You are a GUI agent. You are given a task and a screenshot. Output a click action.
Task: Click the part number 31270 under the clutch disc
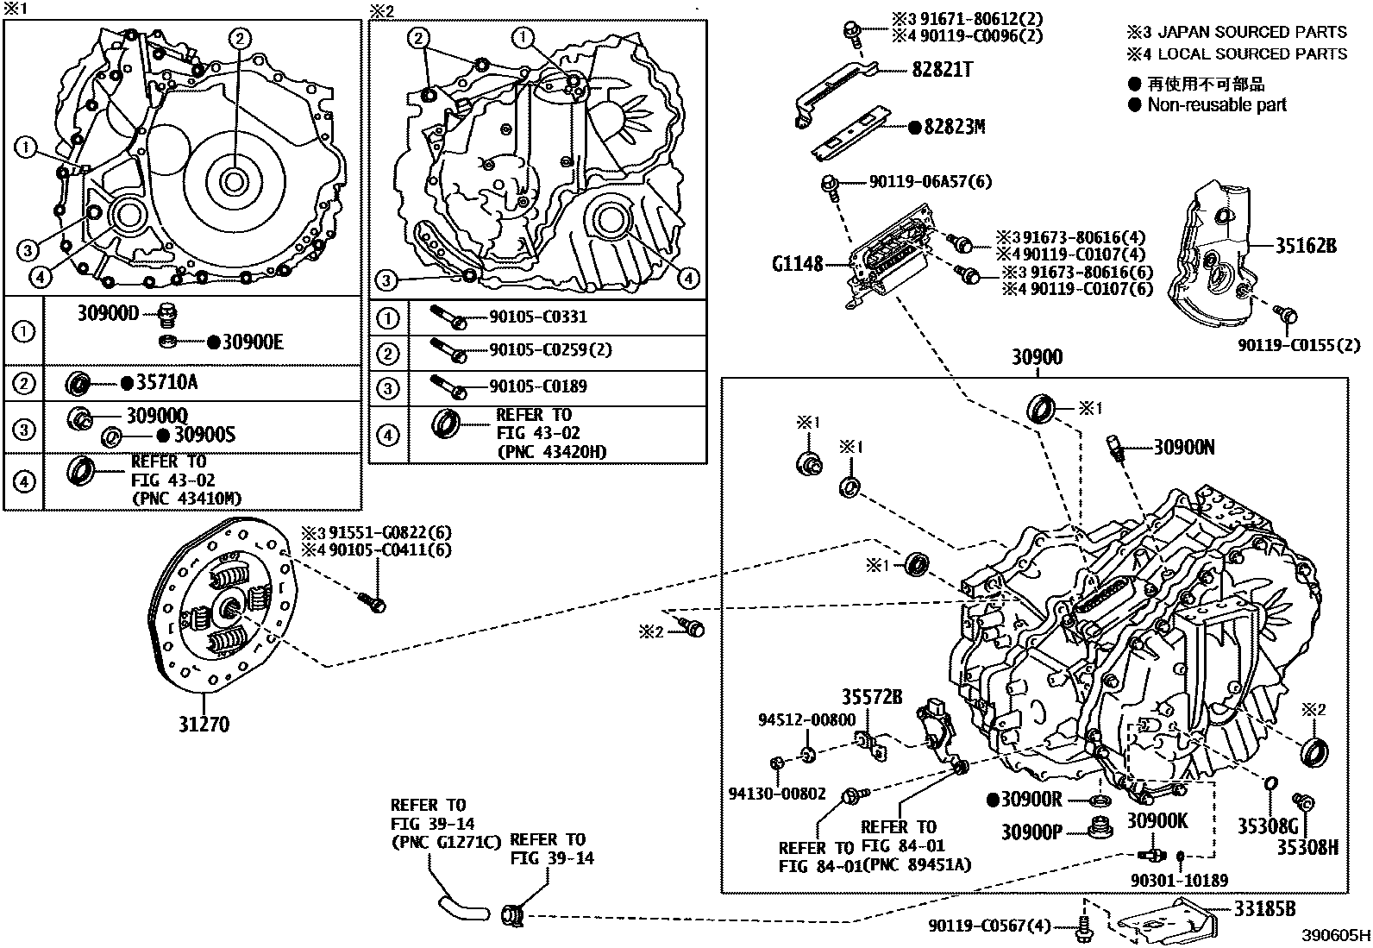pyautogui.click(x=204, y=725)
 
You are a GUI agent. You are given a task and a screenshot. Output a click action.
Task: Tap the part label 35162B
pyautogui.click(x=1306, y=246)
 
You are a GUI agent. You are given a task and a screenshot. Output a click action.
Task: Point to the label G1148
pyautogui.click(x=798, y=264)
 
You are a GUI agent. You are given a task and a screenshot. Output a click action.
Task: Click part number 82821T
pyautogui.click(x=942, y=71)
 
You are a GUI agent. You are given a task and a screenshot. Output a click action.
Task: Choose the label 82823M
pyautogui.click(x=955, y=128)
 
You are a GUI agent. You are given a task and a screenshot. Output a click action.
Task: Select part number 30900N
pyautogui.click(x=1184, y=447)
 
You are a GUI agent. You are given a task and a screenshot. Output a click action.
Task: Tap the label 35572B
pyautogui.click(x=872, y=697)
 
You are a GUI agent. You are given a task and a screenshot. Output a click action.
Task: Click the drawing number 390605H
pyautogui.click(x=1336, y=936)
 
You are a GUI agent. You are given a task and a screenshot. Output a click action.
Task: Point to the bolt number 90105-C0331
pyautogui.click(x=538, y=317)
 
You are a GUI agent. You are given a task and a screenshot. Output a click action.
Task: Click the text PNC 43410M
pyautogui.click(x=185, y=498)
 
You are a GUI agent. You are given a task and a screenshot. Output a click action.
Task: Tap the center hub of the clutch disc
pyautogui.click(x=229, y=610)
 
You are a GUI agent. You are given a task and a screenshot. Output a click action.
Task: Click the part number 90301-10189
pyautogui.click(x=1180, y=881)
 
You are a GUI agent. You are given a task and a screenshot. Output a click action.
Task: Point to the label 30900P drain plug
pyautogui.click(x=1031, y=832)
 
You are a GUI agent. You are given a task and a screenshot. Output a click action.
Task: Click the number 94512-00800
pyautogui.click(x=807, y=719)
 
